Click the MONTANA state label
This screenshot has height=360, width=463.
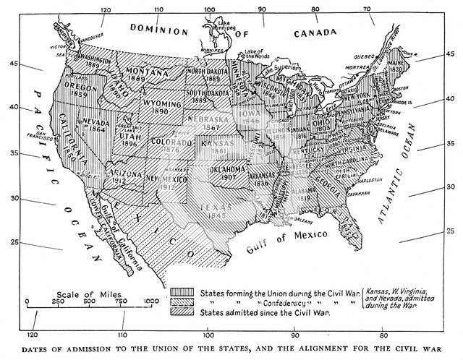[x=148, y=71]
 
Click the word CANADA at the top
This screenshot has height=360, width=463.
[x=312, y=33]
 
